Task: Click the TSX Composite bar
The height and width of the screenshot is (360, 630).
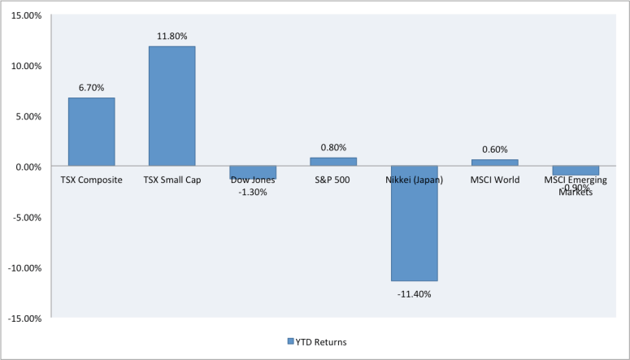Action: point(91,132)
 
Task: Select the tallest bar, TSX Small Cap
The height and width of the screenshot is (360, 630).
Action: point(172,106)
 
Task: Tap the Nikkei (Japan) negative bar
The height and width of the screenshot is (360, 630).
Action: point(414,223)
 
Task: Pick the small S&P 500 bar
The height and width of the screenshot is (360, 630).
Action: point(333,162)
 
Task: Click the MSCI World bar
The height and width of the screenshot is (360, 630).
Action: point(494,163)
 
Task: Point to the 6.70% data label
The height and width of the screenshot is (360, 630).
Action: point(91,88)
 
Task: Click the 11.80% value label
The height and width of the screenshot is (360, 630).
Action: point(172,37)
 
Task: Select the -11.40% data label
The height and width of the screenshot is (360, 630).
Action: point(414,293)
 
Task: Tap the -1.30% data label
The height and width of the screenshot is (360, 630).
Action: point(253,192)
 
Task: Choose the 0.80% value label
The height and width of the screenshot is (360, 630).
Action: point(333,147)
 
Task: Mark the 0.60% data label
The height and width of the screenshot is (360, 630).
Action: point(494,150)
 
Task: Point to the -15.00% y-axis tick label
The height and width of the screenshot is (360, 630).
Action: point(25,318)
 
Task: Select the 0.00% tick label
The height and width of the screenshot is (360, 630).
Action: point(28,167)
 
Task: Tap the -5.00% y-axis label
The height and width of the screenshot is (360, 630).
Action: point(27,217)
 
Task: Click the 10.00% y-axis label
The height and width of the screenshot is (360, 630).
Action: point(27,66)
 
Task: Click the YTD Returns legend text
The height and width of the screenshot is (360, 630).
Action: point(322,342)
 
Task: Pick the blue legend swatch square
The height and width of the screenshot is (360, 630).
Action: point(290,342)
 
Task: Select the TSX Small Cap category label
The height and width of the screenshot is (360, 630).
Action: point(172,180)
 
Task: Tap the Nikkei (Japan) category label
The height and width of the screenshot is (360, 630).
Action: point(414,180)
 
